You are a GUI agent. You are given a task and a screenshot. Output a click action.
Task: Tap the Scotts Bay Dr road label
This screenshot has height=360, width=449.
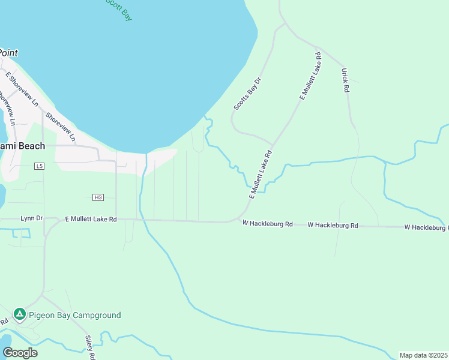tap(247, 94)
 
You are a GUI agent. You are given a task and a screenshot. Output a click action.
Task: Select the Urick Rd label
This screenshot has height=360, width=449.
tap(345, 80)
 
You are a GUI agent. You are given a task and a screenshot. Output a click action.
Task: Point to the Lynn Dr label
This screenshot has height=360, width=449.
tap(31, 218)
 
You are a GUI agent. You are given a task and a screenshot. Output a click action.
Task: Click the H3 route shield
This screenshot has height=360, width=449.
tap(98, 197)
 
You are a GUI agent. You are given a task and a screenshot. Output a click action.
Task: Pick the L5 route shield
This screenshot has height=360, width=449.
tap(40, 166)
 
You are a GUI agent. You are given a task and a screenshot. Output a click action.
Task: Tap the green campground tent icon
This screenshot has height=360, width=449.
tap(20, 314)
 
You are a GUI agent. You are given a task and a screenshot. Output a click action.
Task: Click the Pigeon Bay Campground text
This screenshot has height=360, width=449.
tap(74, 315)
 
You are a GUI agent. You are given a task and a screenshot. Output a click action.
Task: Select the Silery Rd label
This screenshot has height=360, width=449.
tap(89, 347)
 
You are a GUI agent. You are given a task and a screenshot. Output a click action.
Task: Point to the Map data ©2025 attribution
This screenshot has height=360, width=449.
tap(424, 355)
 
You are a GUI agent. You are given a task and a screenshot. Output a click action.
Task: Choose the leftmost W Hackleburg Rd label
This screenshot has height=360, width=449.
tap(267, 223)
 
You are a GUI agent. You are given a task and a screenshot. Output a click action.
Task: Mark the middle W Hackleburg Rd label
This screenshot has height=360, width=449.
tap(333, 225)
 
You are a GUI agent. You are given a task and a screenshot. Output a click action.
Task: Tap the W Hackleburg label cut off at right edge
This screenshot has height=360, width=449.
tap(426, 227)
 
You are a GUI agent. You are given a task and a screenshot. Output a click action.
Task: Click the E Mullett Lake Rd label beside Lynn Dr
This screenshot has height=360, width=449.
tap(90, 220)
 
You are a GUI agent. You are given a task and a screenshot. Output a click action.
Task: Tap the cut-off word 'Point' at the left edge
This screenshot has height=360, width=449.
tap(8, 53)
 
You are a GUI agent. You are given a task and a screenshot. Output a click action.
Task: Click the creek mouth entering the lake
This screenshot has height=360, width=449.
tap(206, 117)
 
